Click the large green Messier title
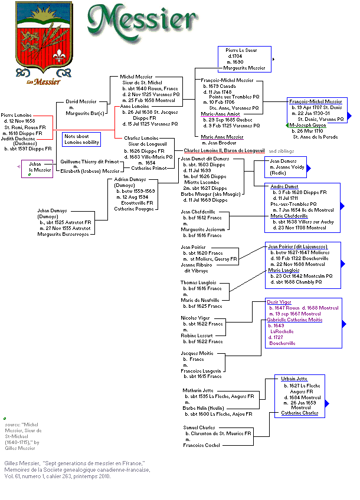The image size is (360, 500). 142,24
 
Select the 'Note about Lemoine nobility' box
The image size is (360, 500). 81,139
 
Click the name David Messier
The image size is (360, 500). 81,101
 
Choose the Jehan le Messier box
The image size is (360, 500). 36,167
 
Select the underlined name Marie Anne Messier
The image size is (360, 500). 222,137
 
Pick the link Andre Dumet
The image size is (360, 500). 284,186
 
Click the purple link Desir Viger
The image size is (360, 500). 279,302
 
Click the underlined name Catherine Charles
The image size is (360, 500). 299,413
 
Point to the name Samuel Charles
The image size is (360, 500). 199,427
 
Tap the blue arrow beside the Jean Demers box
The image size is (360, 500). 309,169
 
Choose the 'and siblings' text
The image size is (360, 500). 282,151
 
